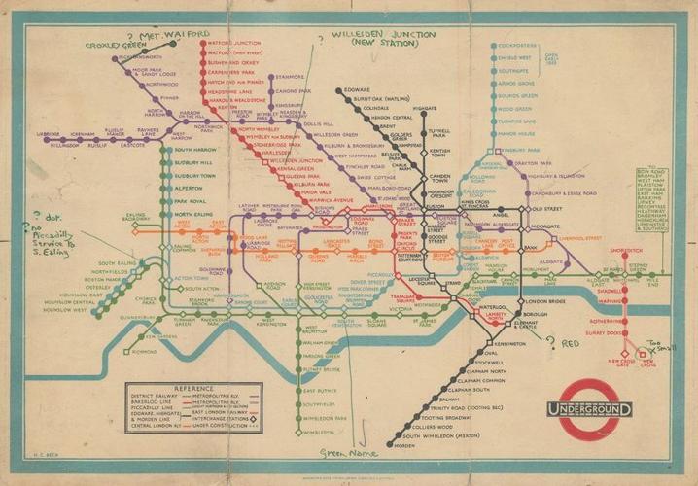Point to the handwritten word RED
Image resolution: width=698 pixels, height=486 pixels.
pyautogui.click(x=571, y=345)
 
